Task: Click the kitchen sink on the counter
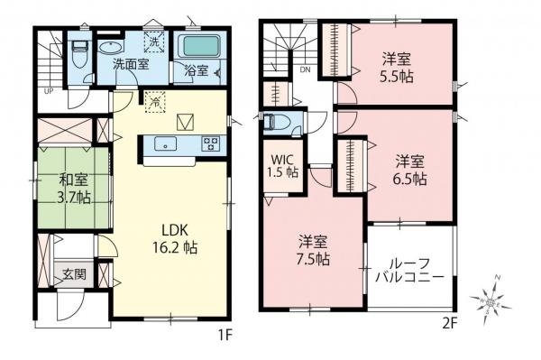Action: (x=165, y=143)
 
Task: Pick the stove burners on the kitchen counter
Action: (x=211, y=143)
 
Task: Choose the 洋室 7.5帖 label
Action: (x=315, y=248)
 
